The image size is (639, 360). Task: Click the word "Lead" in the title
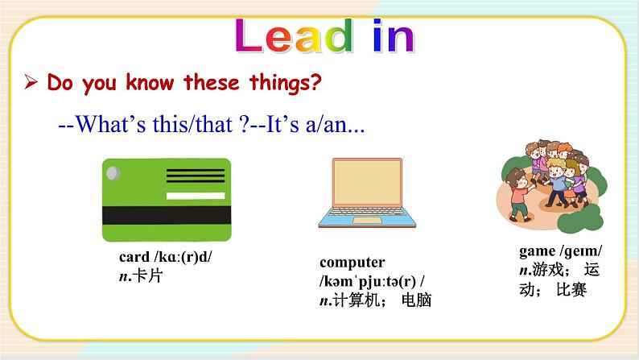pos(295,37)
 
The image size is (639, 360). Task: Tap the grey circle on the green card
pos(113,172)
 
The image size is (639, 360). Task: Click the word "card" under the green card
pos(134,258)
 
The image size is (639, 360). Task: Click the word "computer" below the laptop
pos(352,263)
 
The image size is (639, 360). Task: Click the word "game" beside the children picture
pos(537,251)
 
